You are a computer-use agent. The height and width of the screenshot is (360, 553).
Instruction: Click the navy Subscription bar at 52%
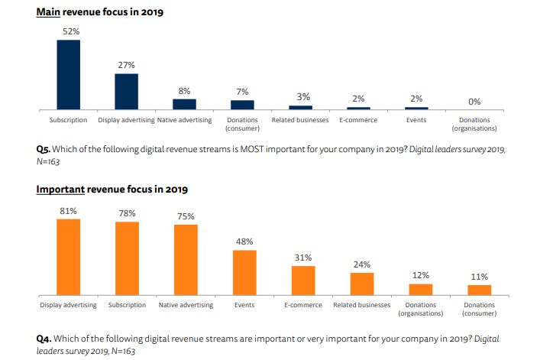(68, 74)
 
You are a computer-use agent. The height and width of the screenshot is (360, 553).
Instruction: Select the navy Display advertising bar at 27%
(126, 91)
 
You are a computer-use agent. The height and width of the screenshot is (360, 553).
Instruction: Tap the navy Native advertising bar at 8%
(184, 104)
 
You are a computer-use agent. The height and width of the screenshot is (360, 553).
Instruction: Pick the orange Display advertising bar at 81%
(68, 256)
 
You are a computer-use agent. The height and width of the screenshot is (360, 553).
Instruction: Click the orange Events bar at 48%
(244, 271)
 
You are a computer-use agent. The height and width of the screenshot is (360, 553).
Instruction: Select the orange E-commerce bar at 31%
(303, 280)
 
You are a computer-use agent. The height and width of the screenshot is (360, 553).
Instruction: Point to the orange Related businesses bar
(362, 283)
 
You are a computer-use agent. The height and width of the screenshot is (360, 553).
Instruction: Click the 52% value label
(68, 32)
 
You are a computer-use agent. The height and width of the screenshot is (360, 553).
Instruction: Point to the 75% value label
(186, 216)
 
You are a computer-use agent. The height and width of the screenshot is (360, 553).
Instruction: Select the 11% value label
(480, 277)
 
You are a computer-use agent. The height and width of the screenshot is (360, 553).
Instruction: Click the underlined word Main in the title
(49, 11)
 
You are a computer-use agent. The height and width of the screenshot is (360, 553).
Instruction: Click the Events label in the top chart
(416, 120)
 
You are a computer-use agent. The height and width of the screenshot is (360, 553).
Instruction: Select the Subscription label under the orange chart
(127, 305)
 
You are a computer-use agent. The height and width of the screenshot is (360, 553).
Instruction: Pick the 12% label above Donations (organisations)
(421, 275)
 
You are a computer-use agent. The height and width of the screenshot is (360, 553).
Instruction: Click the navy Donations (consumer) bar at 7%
(243, 105)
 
